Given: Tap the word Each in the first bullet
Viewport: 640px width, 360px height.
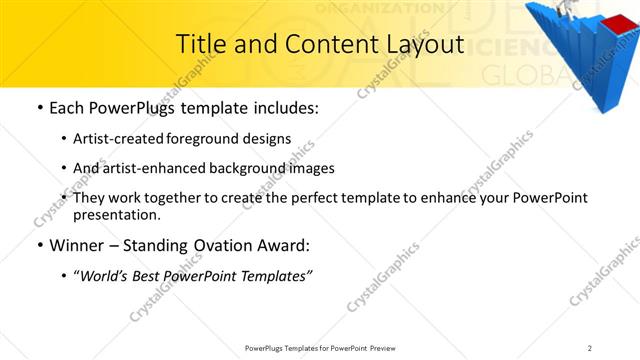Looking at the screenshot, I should click(x=69, y=107).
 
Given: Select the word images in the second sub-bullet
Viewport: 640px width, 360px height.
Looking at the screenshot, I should click(x=313, y=168).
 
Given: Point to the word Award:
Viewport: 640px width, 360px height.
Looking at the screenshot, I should click(x=283, y=244).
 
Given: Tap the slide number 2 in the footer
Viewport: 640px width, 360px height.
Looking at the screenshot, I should click(x=590, y=348).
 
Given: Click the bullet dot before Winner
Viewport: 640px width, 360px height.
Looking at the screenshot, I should click(x=39, y=245).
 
